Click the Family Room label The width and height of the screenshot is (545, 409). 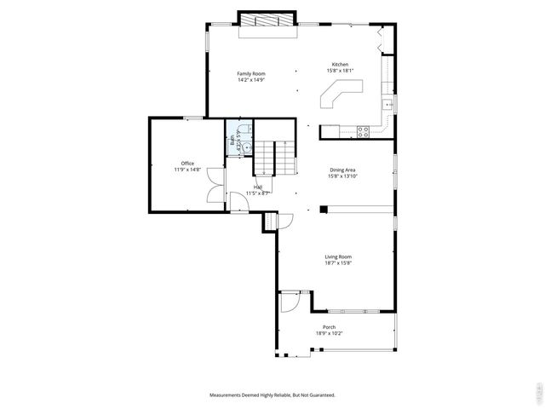pyautogui.click(x=251, y=73)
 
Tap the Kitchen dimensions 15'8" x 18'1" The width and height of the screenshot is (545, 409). pyautogui.click(x=341, y=71)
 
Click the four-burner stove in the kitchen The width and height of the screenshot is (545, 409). pyautogui.click(x=362, y=132)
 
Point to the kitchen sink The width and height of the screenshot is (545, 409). pyautogui.click(x=387, y=105)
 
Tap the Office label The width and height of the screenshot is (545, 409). pyautogui.click(x=187, y=164)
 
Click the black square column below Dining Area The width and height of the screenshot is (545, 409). pyautogui.click(x=324, y=208)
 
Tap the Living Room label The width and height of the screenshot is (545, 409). pyautogui.click(x=338, y=256)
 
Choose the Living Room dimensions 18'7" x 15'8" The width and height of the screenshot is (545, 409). pyautogui.click(x=338, y=263)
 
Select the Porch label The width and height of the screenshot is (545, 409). pyautogui.click(x=329, y=326)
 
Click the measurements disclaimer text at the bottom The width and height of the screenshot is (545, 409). pyautogui.click(x=272, y=395)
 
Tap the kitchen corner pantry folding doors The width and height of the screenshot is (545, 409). pyautogui.click(x=382, y=42)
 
